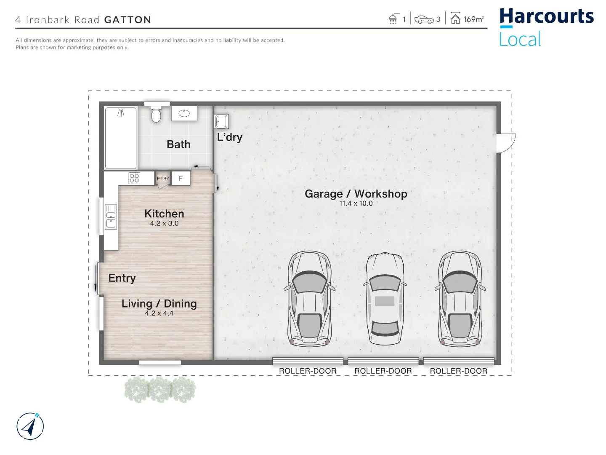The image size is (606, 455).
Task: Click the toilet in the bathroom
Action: pyautogui.click(x=156, y=114)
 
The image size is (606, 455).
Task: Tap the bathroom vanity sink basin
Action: pyautogui.click(x=184, y=113)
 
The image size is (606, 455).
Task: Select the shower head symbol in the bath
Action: pyautogui.click(x=121, y=113)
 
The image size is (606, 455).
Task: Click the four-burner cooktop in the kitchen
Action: pyautogui.click(x=134, y=178)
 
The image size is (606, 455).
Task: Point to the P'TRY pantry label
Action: pyautogui.click(x=163, y=179)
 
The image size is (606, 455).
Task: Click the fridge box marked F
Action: pyautogui.click(x=181, y=178)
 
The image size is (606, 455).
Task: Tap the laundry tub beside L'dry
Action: pyautogui.click(x=221, y=121)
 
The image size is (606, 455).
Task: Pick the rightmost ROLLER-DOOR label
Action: pyautogui.click(x=458, y=371)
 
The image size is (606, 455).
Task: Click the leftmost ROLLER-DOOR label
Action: pyautogui.click(x=308, y=371)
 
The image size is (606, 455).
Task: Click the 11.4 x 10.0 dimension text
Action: pyautogui.click(x=356, y=203)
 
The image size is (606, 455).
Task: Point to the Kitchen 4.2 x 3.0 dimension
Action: pyautogui.click(x=164, y=224)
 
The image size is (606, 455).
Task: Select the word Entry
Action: pyautogui.click(x=122, y=278)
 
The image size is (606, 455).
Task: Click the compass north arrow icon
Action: pyautogui.click(x=30, y=426)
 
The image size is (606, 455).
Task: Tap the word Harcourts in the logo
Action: pyautogui.click(x=546, y=16)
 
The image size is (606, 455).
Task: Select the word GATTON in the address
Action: pyautogui.click(x=128, y=20)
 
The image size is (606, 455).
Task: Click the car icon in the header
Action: pyautogui.click(x=424, y=20)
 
